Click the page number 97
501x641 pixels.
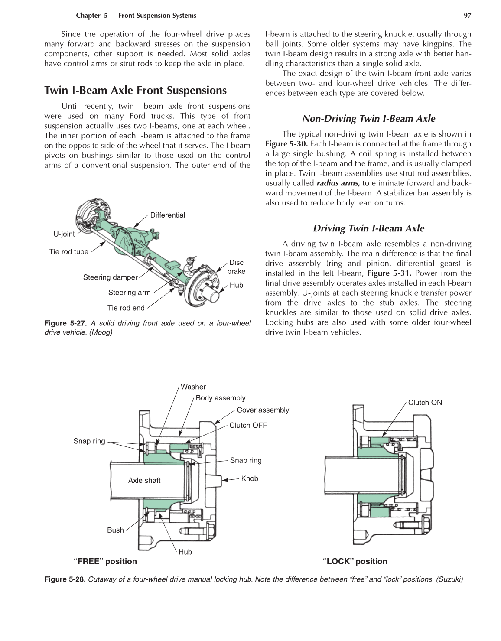tap(467, 16)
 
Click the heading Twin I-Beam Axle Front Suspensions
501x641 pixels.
tap(135, 91)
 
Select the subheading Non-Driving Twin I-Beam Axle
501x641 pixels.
tap(368, 119)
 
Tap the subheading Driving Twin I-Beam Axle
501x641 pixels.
tap(368, 228)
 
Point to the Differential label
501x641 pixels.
tap(167, 215)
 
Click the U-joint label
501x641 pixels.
tap(64, 234)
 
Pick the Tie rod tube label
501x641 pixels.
tap(68, 252)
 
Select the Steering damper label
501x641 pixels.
tap(110, 277)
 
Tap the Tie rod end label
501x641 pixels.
tap(126, 308)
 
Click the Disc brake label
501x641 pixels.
tap(236, 267)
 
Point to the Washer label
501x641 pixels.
tap(193, 387)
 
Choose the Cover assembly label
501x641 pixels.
tap(263, 410)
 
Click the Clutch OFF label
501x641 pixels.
tap(248, 426)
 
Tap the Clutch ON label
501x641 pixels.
tap(425, 403)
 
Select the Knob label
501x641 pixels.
tap(249, 478)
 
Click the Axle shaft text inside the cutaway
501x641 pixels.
tap(144, 480)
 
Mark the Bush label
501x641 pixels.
tap(115, 530)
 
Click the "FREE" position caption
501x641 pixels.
tap(105, 562)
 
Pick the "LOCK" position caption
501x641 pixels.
tap(355, 562)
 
